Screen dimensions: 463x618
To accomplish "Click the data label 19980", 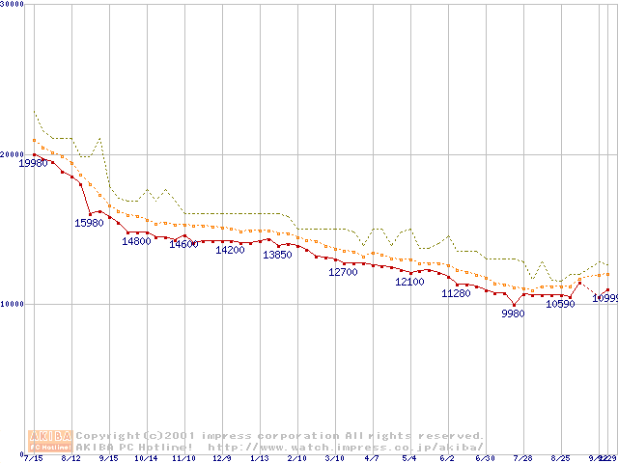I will pyautogui.click(x=34, y=164).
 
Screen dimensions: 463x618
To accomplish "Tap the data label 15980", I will pyautogui.click(x=89, y=223).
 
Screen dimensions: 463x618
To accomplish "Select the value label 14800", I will pyautogui.click(x=136, y=242).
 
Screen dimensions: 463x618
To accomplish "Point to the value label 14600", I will pyautogui.click(x=183, y=245).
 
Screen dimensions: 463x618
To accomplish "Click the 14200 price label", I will pyautogui.click(x=230, y=251).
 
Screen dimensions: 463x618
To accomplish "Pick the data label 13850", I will pyautogui.click(x=277, y=255).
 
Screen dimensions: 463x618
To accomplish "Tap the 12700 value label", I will pyautogui.click(x=343, y=273).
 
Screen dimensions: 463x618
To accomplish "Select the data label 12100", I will pyautogui.click(x=409, y=283).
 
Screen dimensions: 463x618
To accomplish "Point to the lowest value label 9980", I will pyautogui.click(x=513, y=313).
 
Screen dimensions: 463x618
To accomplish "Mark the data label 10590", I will pyautogui.click(x=560, y=305).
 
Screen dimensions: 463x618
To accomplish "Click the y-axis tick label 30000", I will pyautogui.click(x=12, y=5).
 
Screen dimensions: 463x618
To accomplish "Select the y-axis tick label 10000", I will pyautogui.click(x=12, y=304).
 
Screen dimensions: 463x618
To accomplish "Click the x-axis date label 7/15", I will pyautogui.click(x=35, y=458).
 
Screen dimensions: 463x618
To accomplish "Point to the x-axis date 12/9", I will pyautogui.click(x=222, y=458).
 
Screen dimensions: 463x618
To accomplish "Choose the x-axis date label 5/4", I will pyautogui.click(x=409, y=458).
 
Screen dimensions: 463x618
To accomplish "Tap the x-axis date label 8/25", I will pyautogui.click(x=560, y=458).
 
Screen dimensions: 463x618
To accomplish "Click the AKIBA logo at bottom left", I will pyautogui.click(x=51, y=441).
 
